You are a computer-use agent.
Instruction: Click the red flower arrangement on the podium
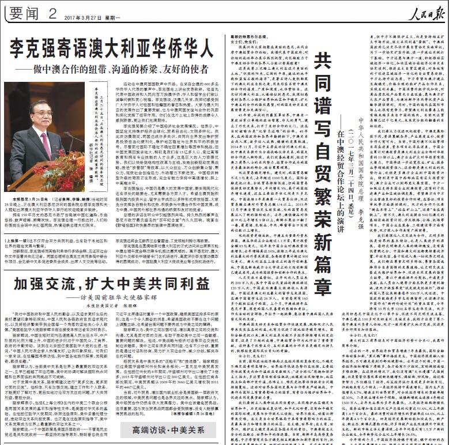coord(63,173)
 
